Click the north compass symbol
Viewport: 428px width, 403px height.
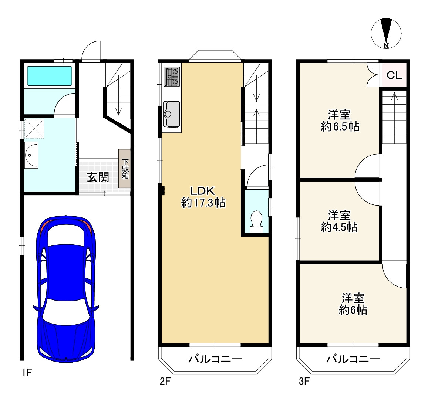pyautogui.click(x=386, y=33)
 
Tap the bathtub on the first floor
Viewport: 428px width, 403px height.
pyautogui.click(x=50, y=76)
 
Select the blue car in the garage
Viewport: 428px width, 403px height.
pyautogui.click(x=66, y=289)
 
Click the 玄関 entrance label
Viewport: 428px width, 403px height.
pyautogui.click(x=98, y=177)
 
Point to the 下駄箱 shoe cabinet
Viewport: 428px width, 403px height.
pyautogui.click(x=124, y=169)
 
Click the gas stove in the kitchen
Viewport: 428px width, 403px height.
pyautogui.click(x=171, y=77)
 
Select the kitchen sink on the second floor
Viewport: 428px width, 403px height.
pyautogui.click(x=171, y=114)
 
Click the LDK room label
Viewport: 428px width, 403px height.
pyautogui.click(x=203, y=191)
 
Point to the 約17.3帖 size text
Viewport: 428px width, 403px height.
pyautogui.click(x=203, y=203)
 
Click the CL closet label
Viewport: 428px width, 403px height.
pyautogui.click(x=394, y=75)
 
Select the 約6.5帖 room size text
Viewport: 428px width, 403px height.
pyautogui.click(x=340, y=126)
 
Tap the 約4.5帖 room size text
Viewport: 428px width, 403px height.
pyautogui.click(x=339, y=227)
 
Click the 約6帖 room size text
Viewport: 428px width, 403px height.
pyautogui.click(x=353, y=310)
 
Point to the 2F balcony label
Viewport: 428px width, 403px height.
pyautogui.click(x=215, y=359)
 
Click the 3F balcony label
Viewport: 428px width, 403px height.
pyautogui.click(x=353, y=359)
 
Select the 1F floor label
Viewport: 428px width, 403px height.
pyautogui.click(x=27, y=372)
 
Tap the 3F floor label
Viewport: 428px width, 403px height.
pyautogui.click(x=304, y=381)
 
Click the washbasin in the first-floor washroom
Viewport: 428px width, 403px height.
pyautogui.click(x=31, y=155)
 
